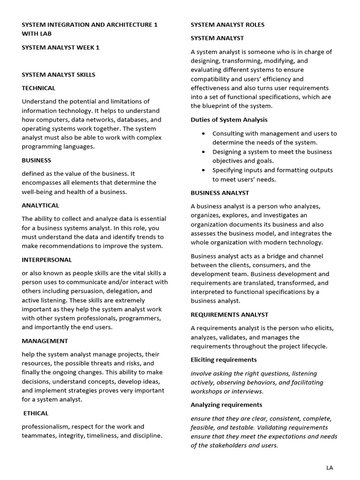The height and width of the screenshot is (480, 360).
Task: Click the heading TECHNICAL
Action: (38, 88)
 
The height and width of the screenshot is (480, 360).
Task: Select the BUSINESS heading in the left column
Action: (36, 160)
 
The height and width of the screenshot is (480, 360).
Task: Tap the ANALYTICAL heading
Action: (40, 205)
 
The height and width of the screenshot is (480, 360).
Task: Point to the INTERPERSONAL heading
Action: (46, 260)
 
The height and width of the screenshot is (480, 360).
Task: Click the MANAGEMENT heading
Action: (45, 341)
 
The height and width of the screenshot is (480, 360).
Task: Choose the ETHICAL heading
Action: (36, 413)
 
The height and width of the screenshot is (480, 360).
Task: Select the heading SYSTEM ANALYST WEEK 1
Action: (60, 47)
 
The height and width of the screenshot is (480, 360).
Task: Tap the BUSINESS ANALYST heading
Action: (220, 193)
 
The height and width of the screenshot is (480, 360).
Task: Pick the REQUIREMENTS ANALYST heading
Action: (229, 315)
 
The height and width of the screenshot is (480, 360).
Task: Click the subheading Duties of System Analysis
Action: (229, 120)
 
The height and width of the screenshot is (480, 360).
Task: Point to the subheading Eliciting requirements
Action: (224, 360)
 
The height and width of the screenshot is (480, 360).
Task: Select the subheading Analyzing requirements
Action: (226, 405)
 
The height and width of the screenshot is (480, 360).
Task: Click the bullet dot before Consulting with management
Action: (202, 134)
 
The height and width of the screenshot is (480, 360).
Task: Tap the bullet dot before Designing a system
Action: (202, 152)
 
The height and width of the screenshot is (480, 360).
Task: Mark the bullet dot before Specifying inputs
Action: (202, 170)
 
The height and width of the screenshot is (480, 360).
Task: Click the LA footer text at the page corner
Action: (330, 468)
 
